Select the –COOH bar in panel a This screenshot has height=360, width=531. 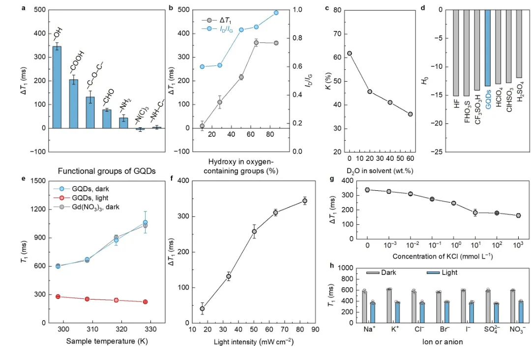click(73, 104)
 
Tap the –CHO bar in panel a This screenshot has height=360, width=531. click(107, 119)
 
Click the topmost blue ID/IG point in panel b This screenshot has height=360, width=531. click(276, 13)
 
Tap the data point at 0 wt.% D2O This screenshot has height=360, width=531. click(350, 53)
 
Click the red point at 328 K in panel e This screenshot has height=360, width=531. click(145, 301)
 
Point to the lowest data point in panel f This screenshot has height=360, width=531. click(202, 309)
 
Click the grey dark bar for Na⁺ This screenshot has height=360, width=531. click(364, 302)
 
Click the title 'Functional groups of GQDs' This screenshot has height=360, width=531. click(107, 171)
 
